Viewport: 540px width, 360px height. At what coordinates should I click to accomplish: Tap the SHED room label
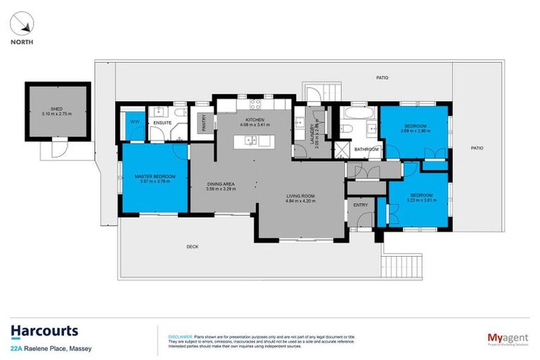pos(48,108)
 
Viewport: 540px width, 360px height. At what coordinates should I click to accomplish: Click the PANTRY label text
pos(203,123)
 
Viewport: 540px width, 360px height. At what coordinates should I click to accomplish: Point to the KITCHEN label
pos(254,120)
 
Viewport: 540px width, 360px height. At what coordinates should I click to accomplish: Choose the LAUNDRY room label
pos(312,131)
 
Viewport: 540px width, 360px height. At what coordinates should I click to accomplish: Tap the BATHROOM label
pos(366,149)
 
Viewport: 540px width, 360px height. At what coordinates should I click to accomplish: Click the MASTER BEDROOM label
pos(155,175)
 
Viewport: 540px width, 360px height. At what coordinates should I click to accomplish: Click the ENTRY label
pos(360,205)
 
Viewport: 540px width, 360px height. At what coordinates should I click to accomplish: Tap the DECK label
pos(193,246)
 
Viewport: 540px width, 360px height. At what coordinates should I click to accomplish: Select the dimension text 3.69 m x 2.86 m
pos(414,131)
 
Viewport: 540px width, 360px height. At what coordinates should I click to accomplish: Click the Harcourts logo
pos(44,331)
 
